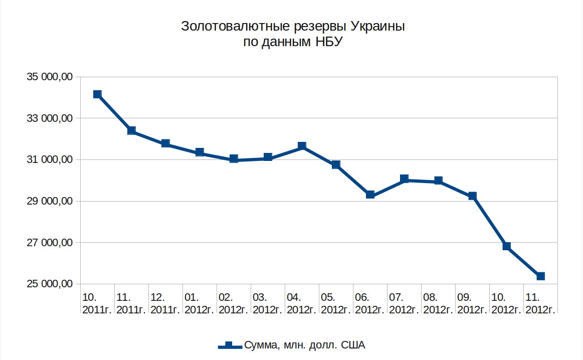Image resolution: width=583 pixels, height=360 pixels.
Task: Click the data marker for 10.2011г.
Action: pos(97,94)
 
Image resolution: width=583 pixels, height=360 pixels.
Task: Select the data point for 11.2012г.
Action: pos(540,276)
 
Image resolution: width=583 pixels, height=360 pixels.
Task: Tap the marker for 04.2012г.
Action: pos(302,146)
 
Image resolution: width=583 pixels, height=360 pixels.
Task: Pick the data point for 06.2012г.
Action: pos(370,195)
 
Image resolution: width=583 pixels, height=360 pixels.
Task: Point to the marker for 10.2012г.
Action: pos(506,246)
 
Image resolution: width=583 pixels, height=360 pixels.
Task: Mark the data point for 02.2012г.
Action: pos(234,159)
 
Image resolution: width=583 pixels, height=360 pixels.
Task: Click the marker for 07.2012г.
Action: pos(404,179)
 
